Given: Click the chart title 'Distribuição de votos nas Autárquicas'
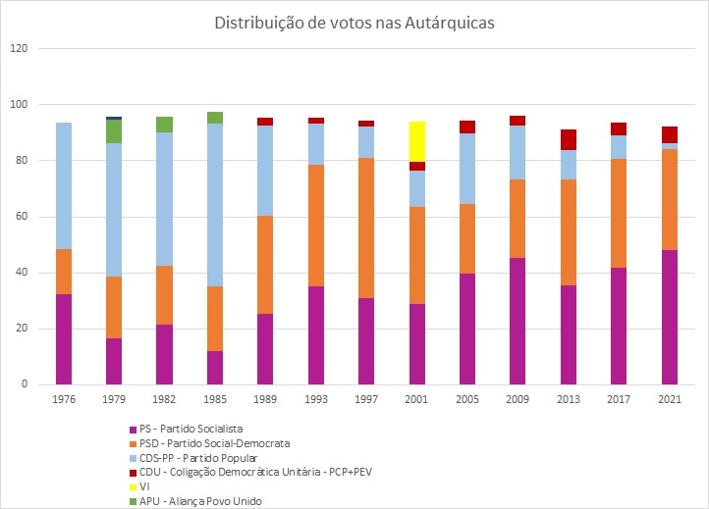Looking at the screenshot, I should pyautogui.click(x=354, y=22).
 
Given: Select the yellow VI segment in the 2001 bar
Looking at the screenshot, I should pyautogui.click(x=416, y=141).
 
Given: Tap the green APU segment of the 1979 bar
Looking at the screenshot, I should pyautogui.click(x=114, y=131).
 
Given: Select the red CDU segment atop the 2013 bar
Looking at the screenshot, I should pyautogui.click(x=568, y=139).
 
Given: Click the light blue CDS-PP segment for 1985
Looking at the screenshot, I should pyautogui.click(x=215, y=205).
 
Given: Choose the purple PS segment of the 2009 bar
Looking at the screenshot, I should pyautogui.click(x=518, y=321).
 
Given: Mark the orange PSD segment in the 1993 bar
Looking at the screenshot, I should pyautogui.click(x=315, y=226).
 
